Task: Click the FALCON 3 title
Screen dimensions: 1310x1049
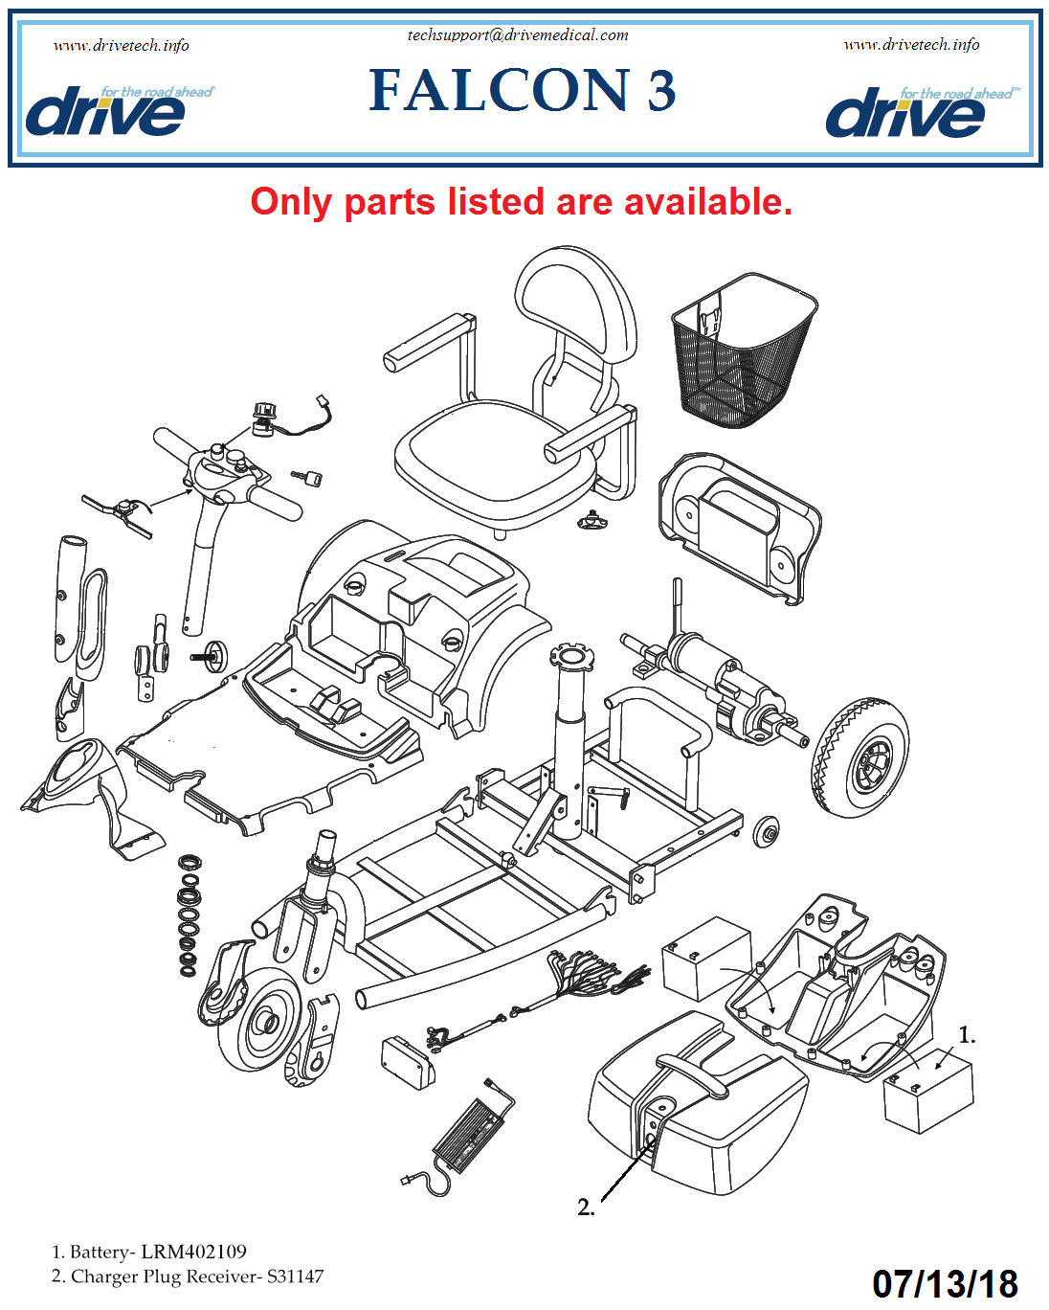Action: (523, 90)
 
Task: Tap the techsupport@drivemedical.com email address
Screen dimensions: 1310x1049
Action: (518, 35)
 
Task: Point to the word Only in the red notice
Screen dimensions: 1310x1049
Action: (291, 202)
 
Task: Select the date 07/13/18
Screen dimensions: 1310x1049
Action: (945, 1283)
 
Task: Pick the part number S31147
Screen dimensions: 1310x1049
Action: (295, 1276)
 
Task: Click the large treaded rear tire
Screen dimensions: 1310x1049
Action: (860, 757)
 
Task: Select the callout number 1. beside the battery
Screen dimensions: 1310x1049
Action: (967, 1035)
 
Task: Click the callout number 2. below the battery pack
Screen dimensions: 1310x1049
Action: (586, 1208)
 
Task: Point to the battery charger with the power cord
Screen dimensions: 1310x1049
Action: (471, 1132)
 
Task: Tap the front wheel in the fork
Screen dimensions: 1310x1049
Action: (260, 1019)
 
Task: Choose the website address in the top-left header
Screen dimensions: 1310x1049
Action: (122, 45)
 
